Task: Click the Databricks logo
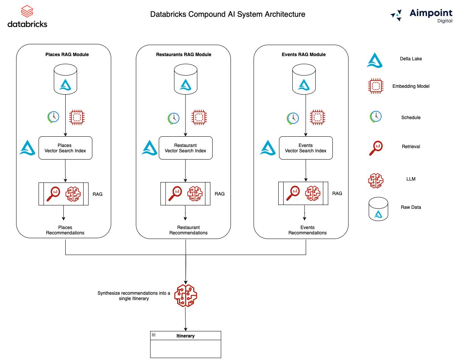pos(27,16)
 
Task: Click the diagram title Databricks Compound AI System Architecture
pos(227,15)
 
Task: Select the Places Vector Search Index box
pos(65,148)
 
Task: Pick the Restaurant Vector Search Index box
pos(185,148)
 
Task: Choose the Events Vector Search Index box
pos(306,148)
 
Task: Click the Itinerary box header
pos(185,336)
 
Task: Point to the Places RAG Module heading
pos(67,55)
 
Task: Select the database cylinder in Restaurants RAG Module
pos(185,79)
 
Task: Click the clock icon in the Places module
pos(53,116)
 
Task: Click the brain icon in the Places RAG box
pos(73,194)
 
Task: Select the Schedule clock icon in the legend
pos(376,117)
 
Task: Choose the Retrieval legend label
pos(411,147)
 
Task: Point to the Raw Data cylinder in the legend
pos(378,209)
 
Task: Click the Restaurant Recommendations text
pos(189,230)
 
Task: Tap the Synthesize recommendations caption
pos(134,296)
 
